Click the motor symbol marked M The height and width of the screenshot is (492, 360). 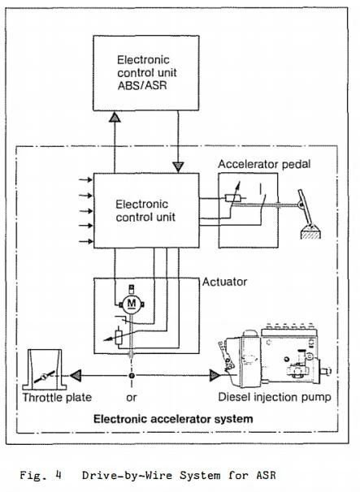tap(132, 304)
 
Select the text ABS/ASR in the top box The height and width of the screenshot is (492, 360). tap(142, 85)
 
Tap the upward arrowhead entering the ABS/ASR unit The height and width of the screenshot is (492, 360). tap(115, 118)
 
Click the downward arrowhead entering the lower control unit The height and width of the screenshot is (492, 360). tap(179, 166)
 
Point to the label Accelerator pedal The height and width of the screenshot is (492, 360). tap(264, 164)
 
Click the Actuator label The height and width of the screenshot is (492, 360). tap(224, 282)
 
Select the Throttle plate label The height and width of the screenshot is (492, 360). tap(57, 397)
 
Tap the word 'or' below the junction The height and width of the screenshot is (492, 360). tap(132, 398)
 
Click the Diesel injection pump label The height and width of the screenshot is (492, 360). tap(275, 397)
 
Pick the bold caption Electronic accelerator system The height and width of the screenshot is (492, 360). tap(173, 419)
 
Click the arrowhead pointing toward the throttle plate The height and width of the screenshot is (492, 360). tap(76, 375)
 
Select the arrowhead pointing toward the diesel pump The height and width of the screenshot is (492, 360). tap(215, 375)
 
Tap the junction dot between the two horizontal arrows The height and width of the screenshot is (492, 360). tap(132, 376)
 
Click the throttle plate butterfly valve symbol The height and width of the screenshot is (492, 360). tap(45, 376)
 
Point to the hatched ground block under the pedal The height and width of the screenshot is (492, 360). tap(311, 234)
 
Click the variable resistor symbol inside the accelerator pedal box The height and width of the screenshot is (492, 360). tap(233, 197)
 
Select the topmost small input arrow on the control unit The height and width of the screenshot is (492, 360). tap(85, 179)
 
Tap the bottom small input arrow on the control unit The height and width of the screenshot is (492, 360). tap(85, 241)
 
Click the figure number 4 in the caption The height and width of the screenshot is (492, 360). tap(59, 474)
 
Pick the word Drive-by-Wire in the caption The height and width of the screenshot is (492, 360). tap(127, 475)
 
